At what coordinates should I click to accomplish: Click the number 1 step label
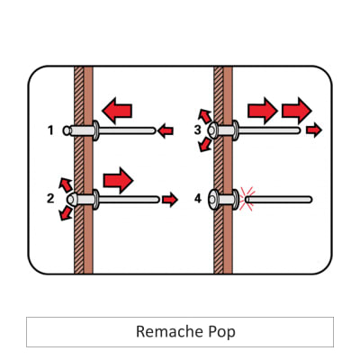click(50, 130)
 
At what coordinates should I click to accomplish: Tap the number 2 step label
click(50, 197)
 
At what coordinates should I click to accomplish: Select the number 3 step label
click(197, 130)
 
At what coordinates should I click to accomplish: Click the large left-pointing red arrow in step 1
click(117, 111)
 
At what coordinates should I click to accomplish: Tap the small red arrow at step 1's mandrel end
click(165, 131)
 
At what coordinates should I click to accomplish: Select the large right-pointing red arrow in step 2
click(118, 179)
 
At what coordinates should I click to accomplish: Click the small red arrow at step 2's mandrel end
click(169, 199)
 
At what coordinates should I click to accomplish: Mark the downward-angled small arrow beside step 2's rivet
click(64, 213)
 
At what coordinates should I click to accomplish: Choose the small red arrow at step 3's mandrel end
click(312, 131)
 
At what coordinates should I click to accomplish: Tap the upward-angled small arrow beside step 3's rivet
click(205, 114)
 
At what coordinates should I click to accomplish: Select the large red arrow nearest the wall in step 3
click(262, 111)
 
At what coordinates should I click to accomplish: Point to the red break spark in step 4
click(247, 198)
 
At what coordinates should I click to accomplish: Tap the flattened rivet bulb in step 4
click(213, 199)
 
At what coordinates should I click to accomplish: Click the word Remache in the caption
click(164, 331)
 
